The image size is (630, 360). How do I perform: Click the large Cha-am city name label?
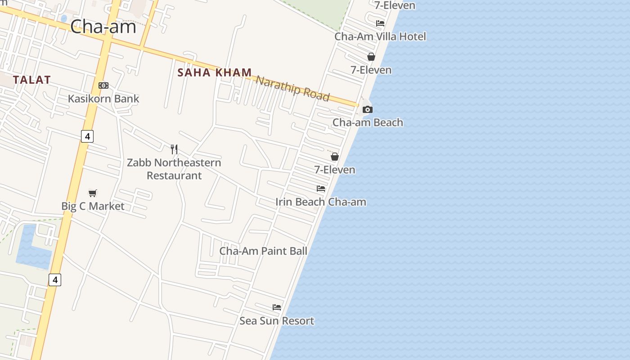[103, 27]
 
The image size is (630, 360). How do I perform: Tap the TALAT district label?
[31, 80]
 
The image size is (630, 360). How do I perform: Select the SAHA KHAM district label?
[215, 72]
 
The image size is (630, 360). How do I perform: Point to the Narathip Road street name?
[292, 88]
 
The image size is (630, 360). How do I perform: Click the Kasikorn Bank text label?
[103, 99]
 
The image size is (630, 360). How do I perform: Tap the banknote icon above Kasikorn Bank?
[103, 85]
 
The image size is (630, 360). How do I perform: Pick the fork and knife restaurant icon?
[174, 149]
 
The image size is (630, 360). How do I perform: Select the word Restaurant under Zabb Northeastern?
[174, 175]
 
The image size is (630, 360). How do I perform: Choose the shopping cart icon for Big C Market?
[93, 193]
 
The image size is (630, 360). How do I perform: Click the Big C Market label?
[93, 206]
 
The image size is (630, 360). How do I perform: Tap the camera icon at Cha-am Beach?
[368, 109]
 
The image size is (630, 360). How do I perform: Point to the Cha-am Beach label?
[368, 122]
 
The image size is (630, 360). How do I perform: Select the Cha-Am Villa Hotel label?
[380, 36]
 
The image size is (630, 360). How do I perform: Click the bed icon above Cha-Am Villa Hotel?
[380, 23]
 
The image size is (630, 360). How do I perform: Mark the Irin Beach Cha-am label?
[321, 202]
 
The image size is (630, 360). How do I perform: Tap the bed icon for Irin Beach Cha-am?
[321, 189]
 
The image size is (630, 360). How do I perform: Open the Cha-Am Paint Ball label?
[263, 251]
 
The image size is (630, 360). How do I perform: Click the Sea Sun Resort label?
[277, 321]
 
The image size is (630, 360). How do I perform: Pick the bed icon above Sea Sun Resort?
[277, 307]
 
